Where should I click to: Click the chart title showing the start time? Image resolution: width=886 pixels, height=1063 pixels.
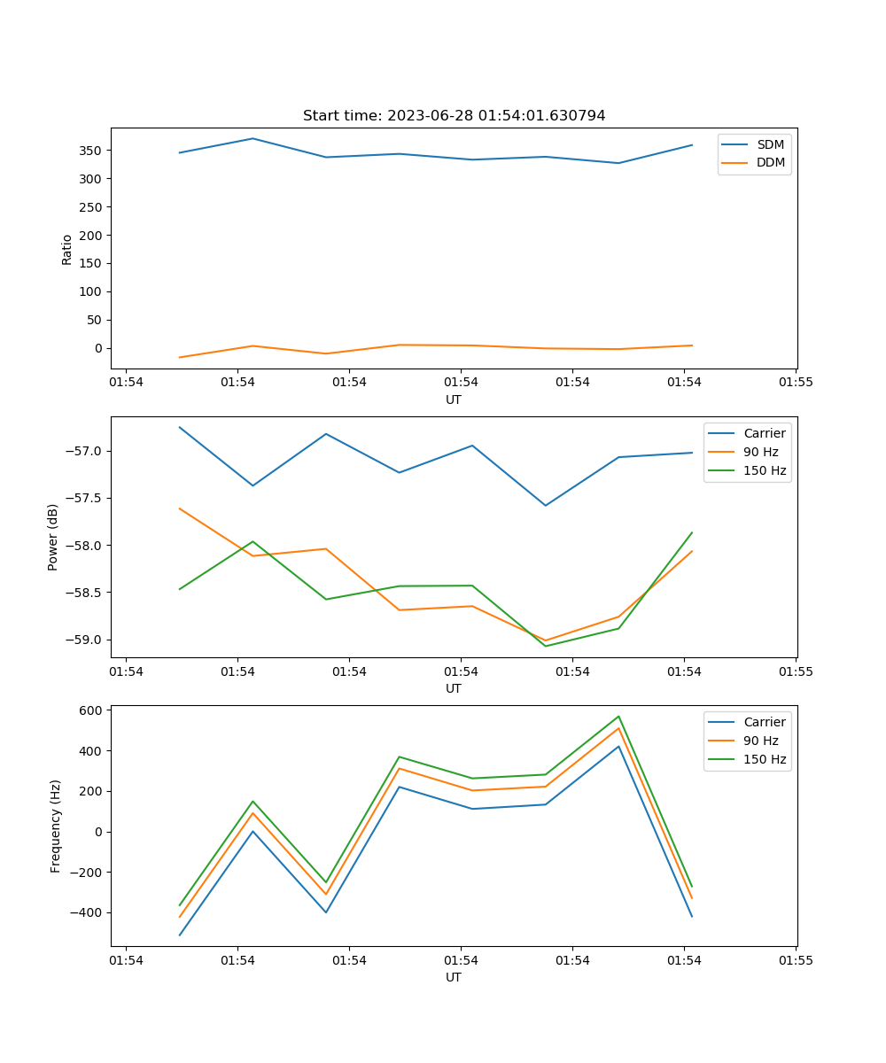(454, 115)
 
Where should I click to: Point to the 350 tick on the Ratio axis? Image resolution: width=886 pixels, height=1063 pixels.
(90, 151)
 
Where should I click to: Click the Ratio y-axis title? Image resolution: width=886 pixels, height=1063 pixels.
(66, 250)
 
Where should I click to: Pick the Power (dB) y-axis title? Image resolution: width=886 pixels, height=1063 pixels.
(52, 538)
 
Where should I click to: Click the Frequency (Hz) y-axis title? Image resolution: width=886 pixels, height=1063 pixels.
(55, 826)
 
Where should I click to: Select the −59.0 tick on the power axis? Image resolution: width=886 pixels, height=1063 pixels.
(83, 640)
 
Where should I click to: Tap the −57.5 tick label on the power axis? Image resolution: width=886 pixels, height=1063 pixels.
(83, 498)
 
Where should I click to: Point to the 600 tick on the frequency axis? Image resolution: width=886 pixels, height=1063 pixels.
(90, 710)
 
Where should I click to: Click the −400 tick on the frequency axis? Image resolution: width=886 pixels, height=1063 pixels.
(86, 912)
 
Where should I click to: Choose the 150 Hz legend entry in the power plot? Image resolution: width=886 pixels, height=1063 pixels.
(747, 470)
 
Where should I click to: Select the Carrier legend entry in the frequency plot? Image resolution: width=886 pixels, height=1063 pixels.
(747, 722)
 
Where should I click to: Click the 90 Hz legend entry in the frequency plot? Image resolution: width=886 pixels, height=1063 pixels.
(743, 741)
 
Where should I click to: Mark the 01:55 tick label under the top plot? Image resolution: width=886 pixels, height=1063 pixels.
(796, 382)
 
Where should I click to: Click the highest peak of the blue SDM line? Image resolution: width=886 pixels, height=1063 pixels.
(253, 138)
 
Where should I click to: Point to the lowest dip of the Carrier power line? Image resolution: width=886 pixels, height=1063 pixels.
(546, 506)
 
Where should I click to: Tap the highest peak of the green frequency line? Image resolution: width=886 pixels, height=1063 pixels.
(618, 717)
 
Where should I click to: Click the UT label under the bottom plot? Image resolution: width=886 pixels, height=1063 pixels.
(454, 977)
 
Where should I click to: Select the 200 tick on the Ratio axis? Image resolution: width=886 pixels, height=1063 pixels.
(90, 236)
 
